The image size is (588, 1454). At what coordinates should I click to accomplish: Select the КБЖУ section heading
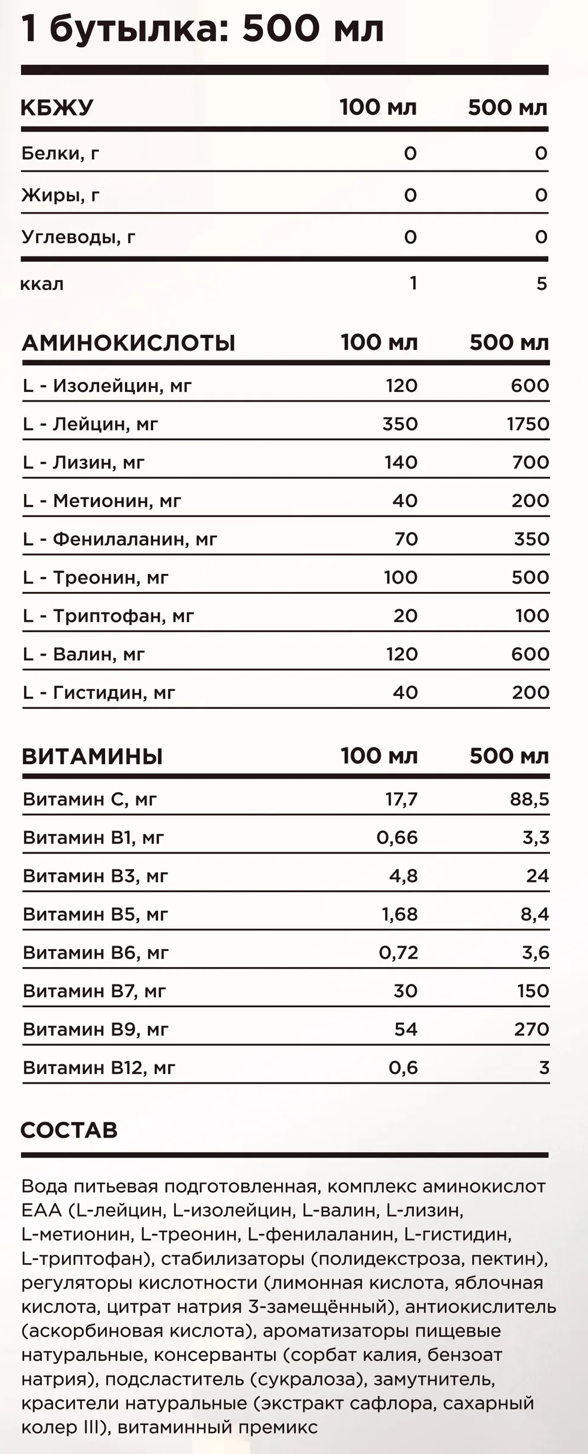click(x=57, y=108)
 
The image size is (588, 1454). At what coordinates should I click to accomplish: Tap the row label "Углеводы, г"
click(x=78, y=237)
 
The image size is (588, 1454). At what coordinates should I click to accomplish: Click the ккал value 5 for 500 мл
click(x=541, y=283)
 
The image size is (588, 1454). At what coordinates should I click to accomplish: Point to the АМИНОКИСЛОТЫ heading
click(x=129, y=343)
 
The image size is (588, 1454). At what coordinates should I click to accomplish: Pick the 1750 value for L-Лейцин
click(x=527, y=424)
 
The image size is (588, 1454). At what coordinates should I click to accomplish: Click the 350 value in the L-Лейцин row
click(x=400, y=424)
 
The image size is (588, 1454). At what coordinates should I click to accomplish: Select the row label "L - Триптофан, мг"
click(x=108, y=616)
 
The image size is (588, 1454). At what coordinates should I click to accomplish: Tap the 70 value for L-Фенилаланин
click(x=406, y=539)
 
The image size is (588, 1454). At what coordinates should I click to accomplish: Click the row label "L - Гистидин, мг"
click(x=99, y=693)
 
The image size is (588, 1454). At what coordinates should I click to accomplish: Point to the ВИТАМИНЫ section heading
click(x=92, y=756)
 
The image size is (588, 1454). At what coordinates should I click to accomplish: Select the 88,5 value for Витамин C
click(x=529, y=800)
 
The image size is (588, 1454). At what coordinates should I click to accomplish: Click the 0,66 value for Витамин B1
click(x=397, y=837)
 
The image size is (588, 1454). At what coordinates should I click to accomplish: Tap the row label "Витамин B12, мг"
click(x=99, y=1068)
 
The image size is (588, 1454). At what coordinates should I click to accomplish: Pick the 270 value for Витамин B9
click(x=532, y=1030)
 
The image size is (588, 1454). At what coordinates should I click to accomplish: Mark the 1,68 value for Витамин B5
click(x=399, y=914)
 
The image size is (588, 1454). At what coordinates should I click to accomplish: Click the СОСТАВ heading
click(x=69, y=1130)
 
